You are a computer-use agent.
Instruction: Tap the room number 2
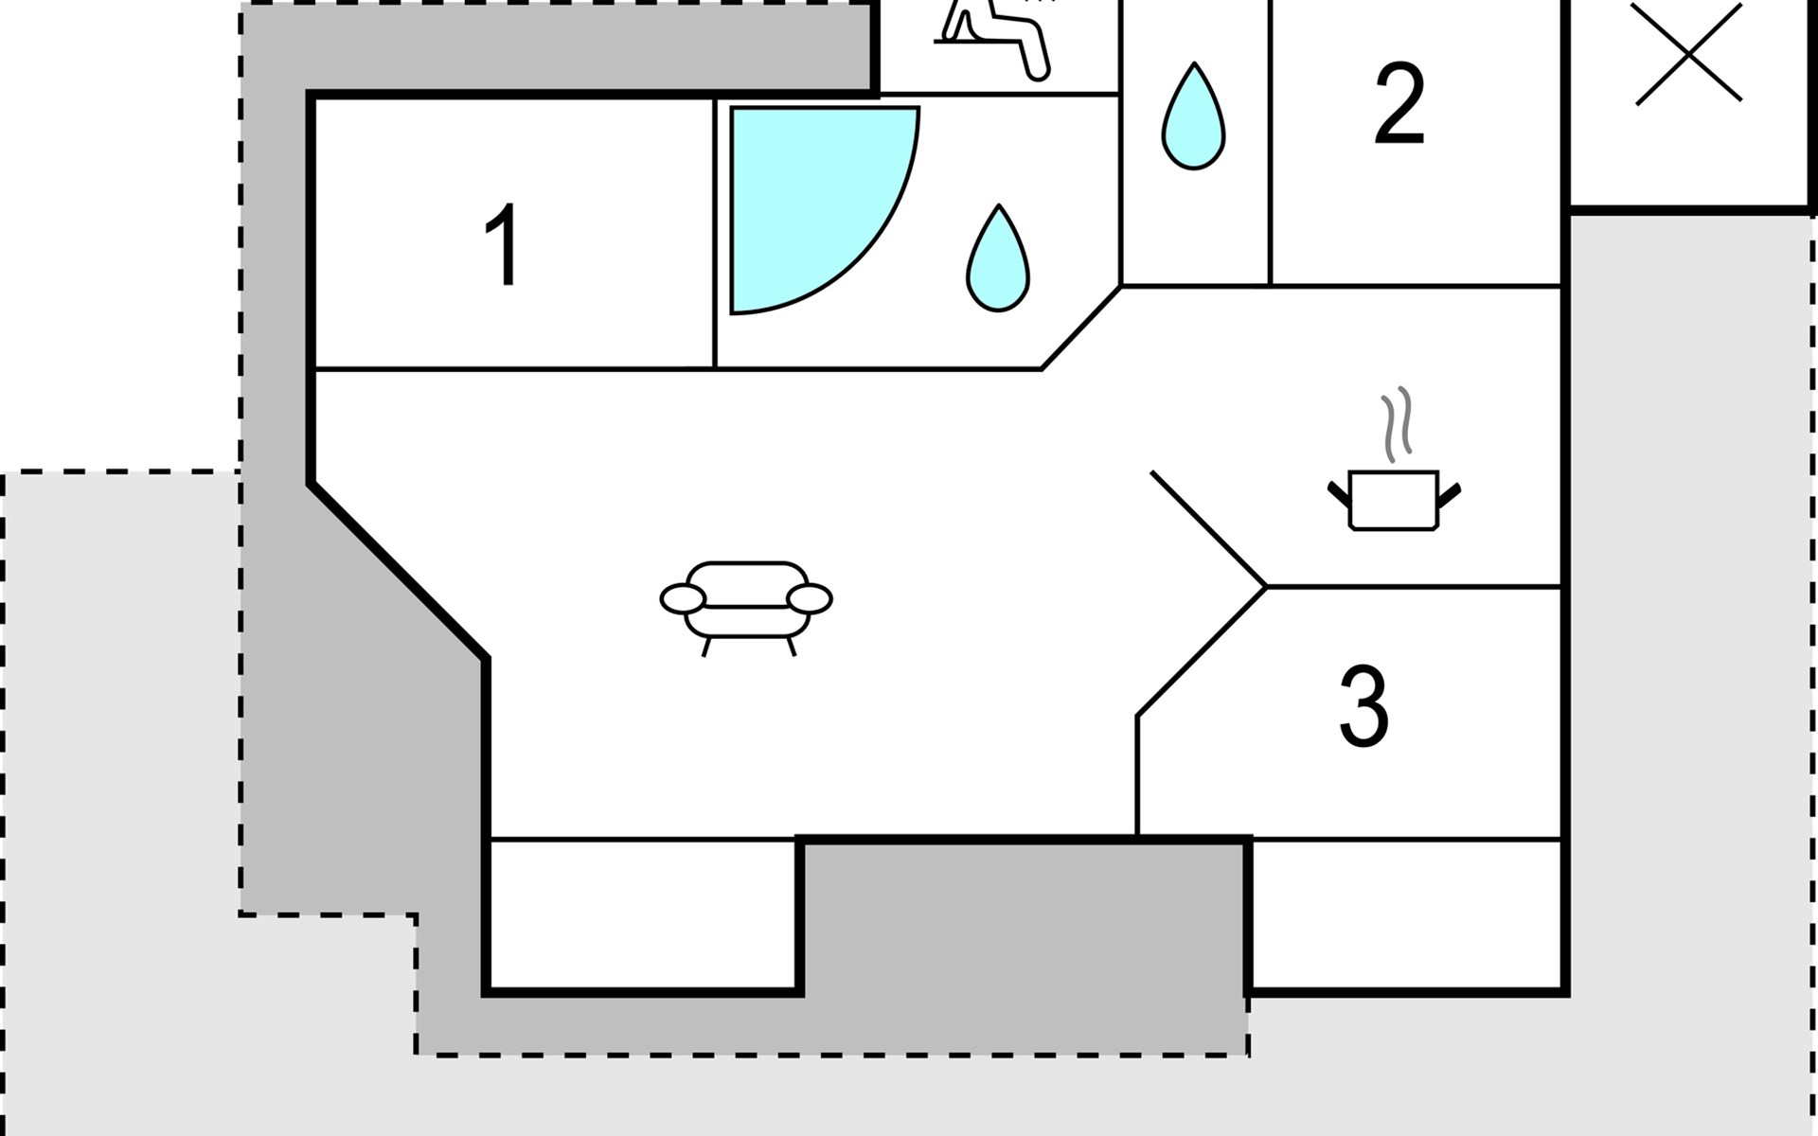[x=1399, y=104]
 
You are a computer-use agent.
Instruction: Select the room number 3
[x=1363, y=706]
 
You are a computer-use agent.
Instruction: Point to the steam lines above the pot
[x=1397, y=424]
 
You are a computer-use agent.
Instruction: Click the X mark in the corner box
[x=1688, y=52]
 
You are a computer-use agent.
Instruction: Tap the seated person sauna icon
[x=994, y=38]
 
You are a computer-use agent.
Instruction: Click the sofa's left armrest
[x=682, y=599]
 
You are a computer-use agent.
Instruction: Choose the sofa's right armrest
[x=810, y=599]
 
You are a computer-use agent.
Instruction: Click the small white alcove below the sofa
[x=644, y=914]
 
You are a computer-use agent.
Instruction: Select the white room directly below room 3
[x=1406, y=914]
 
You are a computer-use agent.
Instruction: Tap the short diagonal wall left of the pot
[x=1208, y=529]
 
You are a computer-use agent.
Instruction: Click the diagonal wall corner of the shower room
[x=1080, y=328]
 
